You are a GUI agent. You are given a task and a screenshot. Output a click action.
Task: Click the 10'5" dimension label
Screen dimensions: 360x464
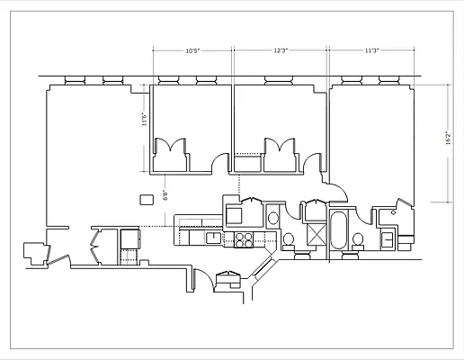coord(191,51)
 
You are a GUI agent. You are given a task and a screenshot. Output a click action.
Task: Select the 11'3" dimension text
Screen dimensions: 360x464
coord(370,51)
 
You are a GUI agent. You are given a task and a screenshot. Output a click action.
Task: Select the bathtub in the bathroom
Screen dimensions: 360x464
coord(339,232)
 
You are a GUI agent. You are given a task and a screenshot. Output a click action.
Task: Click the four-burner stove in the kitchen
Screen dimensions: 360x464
coord(244,238)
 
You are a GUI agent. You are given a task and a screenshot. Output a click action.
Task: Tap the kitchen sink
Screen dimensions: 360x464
coord(213,238)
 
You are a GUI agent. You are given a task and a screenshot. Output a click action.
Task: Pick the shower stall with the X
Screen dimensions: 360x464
coord(317,233)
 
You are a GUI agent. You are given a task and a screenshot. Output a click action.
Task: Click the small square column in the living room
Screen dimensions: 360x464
coord(146,199)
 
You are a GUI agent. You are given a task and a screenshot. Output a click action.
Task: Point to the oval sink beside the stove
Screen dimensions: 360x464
coord(272,217)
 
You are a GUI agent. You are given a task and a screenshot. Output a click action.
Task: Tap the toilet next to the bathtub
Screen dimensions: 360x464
coord(358,239)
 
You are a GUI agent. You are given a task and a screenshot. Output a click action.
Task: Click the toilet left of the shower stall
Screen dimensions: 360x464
coord(290,240)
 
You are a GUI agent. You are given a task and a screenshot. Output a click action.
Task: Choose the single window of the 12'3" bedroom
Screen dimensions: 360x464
coord(279,80)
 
